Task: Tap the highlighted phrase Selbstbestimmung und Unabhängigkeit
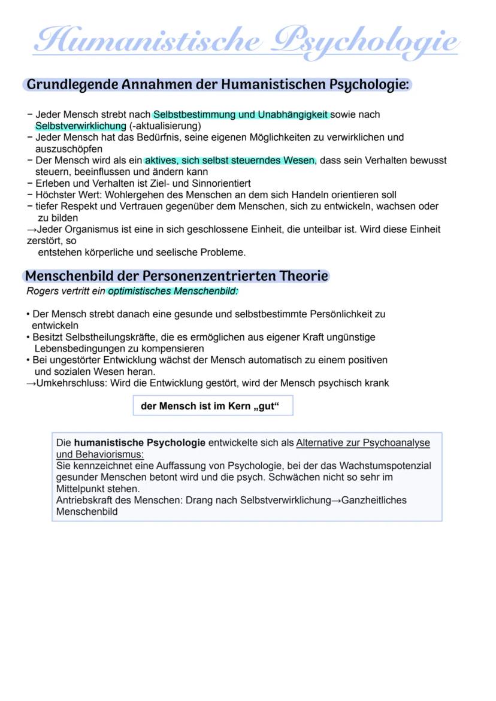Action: (x=241, y=114)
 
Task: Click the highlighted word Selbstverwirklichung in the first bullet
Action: (x=81, y=126)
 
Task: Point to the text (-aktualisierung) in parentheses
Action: (x=165, y=126)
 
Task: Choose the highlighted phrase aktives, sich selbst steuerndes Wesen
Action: (x=229, y=160)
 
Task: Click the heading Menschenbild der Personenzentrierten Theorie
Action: (x=176, y=276)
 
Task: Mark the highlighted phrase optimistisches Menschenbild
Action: (x=173, y=292)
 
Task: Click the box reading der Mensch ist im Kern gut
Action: (x=213, y=406)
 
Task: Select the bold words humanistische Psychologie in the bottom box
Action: (x=140, y=443)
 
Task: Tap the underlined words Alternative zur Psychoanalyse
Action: (x=363, y=443)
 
